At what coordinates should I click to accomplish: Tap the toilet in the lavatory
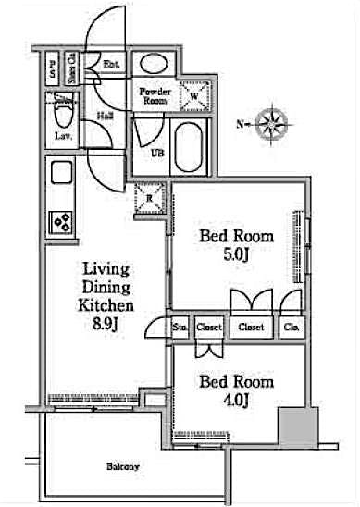click(62, 115)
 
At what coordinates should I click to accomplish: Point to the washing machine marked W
click(194, 93)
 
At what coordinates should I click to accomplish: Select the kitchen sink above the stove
click(62, 175)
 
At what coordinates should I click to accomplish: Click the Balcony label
click(121, 466)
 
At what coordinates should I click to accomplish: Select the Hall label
click(106, 117)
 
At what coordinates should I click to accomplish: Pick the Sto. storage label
click(179, 327)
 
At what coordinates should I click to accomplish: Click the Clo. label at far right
click(291, 327)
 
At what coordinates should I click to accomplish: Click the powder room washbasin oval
click(154, 64)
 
